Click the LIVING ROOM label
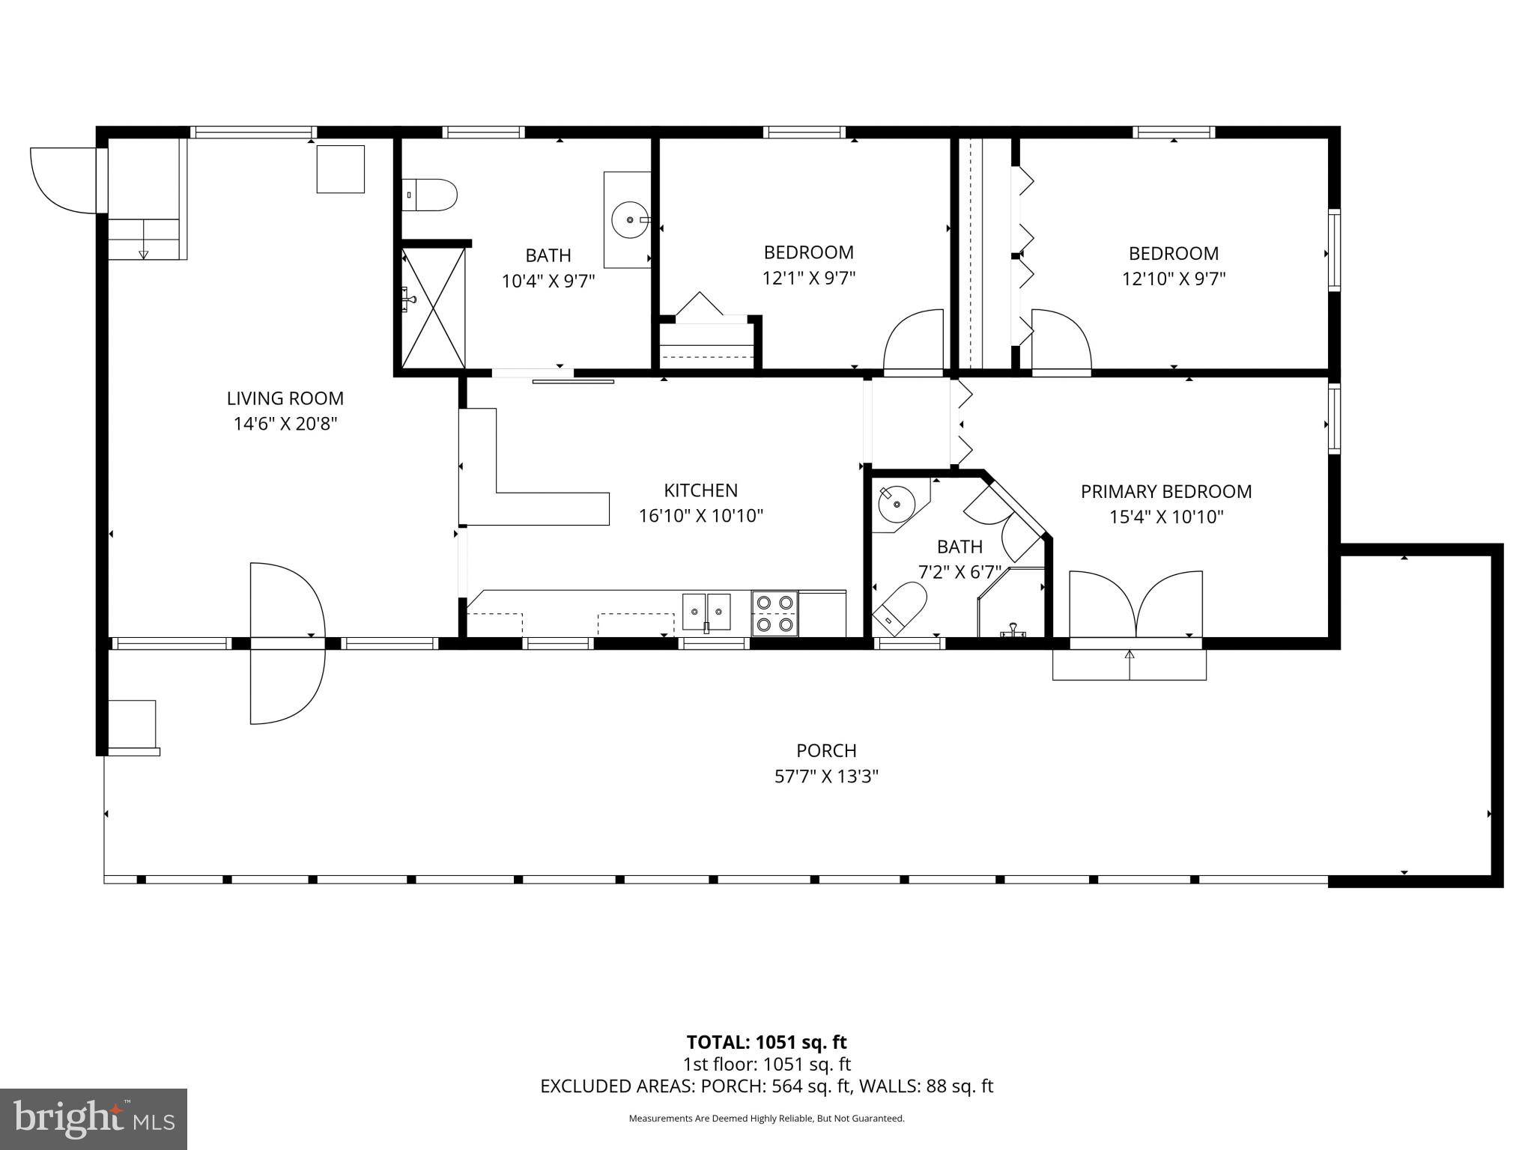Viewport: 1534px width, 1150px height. [285, 398]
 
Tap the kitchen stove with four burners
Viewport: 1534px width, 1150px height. [774, 613]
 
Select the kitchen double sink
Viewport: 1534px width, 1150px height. [706, 612]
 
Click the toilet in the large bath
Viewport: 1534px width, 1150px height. [429, 195]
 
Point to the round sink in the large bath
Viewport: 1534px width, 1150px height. [629, 220]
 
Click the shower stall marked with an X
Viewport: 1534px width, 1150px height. [433, 308]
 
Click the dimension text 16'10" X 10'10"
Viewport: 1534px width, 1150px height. [700, 516]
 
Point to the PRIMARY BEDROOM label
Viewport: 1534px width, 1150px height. [1165, 492]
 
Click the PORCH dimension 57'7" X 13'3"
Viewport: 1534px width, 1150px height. [825, 776]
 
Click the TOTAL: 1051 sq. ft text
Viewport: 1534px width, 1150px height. [766, 1042]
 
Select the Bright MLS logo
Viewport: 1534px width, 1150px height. [94, 1119]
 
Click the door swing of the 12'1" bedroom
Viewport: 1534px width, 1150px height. [914, 341]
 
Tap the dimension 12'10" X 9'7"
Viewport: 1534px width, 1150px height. [1173, 279]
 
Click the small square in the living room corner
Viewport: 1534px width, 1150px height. [340, 169]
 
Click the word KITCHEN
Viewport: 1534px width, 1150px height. [700, 490]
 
